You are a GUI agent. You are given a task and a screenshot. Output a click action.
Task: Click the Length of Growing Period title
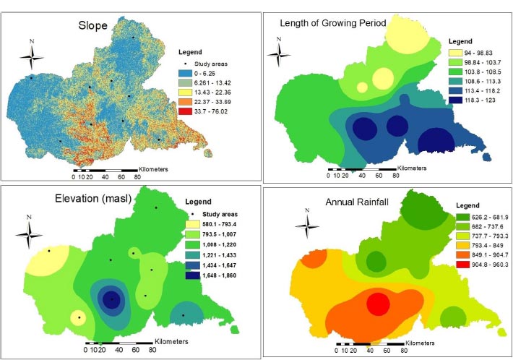[x=332, y=24]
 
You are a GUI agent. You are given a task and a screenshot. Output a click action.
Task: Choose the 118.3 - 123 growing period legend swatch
[x=455, y=103]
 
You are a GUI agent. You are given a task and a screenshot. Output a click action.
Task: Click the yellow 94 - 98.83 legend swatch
[x=455, y=53]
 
